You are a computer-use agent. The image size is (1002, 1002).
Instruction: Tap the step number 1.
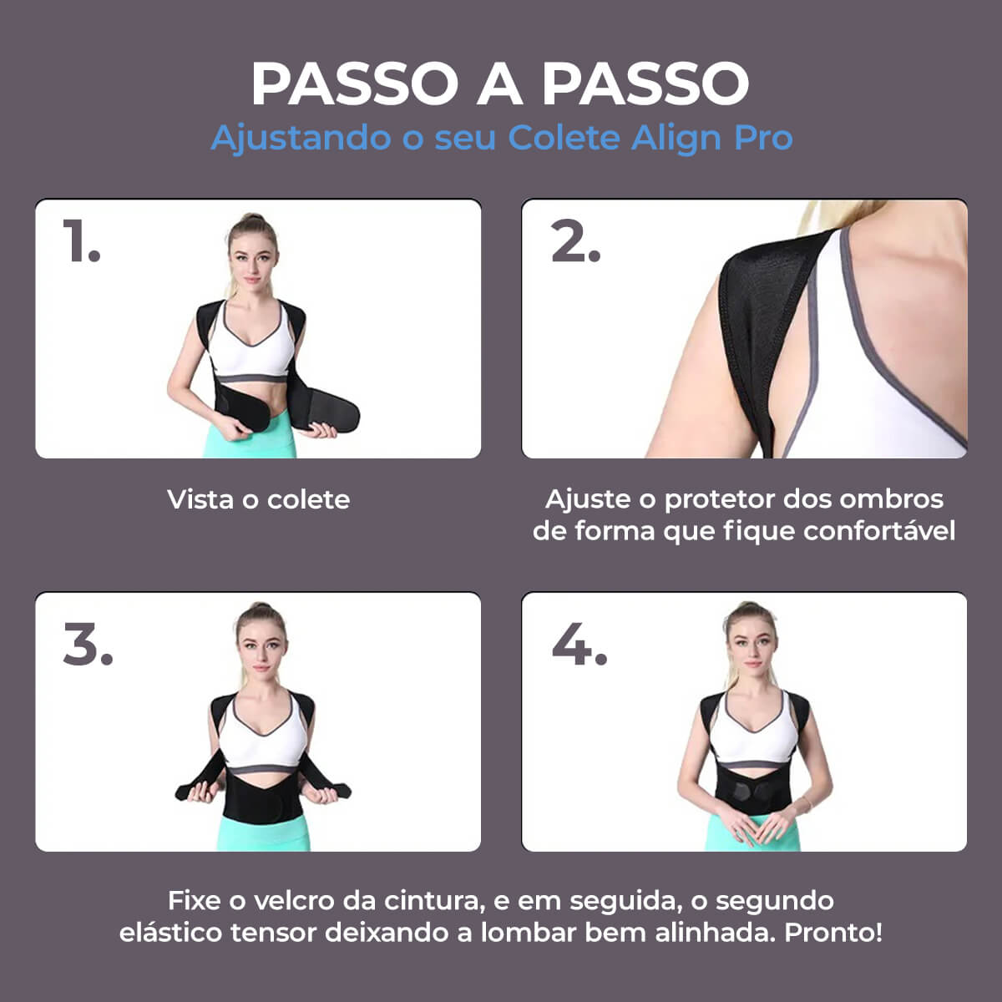click(81, 242)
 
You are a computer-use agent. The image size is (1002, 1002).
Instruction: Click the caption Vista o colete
click(258, 500)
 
